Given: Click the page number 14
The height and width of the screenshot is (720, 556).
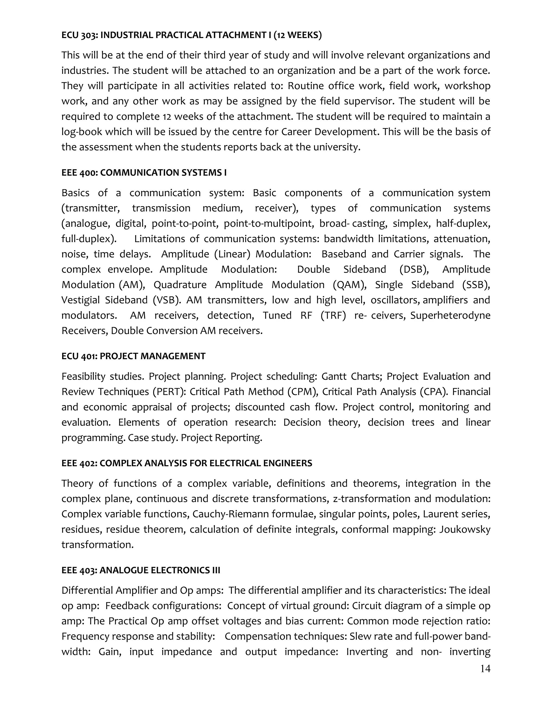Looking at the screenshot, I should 485,669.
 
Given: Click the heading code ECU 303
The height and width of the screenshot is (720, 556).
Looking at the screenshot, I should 79,35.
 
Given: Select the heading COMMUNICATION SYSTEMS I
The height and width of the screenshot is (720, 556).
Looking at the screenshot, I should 163,173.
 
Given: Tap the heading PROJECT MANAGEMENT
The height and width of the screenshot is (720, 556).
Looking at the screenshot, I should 153,356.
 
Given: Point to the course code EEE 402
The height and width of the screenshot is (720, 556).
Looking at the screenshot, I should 79,463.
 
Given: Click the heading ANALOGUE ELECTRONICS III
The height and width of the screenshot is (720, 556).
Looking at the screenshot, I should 160,570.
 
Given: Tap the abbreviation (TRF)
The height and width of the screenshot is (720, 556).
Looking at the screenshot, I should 333,315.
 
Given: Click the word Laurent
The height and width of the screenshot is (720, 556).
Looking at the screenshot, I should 442,514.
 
